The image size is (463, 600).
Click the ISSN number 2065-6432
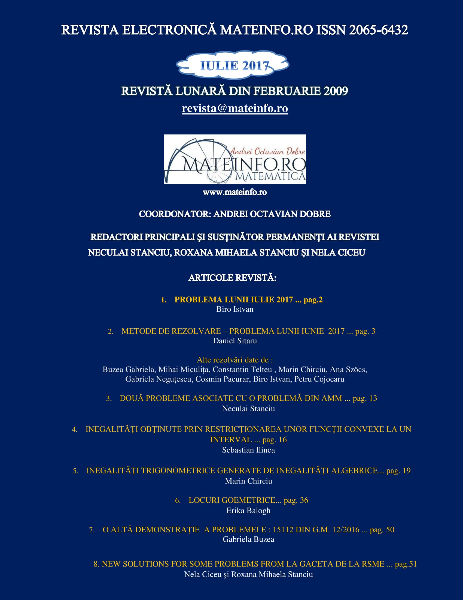[378, 30]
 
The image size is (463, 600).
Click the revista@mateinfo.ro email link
[235, 108]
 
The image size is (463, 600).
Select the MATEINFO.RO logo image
[235, 159]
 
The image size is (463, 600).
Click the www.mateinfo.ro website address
[234, 192]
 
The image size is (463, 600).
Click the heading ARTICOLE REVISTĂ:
[232, 278]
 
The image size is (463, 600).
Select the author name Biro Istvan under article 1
[235, 309]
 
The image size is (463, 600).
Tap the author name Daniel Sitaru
[235, 341]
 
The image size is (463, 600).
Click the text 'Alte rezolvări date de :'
[235, 360]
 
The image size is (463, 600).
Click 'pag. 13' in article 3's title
[365, 398]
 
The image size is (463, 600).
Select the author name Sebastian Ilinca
[248, 450]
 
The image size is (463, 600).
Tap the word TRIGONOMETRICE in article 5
[178, 471]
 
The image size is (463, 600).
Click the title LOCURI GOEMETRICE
[232, 500]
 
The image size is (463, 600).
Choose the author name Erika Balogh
[248, 511]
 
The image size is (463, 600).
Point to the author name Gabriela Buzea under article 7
[248, 539]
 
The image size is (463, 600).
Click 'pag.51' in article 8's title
[406, 564]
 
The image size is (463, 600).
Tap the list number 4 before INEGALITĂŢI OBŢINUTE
[74, 430]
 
